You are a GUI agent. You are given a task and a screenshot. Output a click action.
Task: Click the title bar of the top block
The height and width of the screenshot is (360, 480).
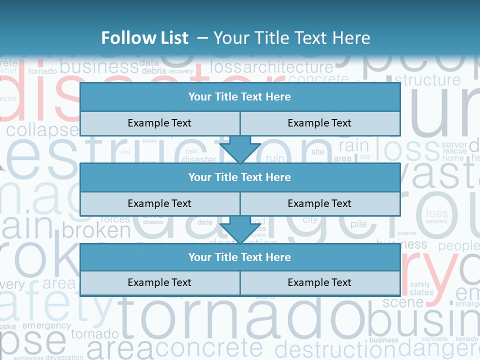click(x=239, y=97)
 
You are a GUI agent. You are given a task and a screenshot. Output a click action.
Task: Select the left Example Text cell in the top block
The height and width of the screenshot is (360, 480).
click(x=159, y=123)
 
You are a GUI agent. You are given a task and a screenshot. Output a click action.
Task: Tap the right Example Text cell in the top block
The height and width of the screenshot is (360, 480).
click(x=319, y=123)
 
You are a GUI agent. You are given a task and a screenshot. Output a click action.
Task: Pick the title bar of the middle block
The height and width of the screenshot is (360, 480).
click(x=239, y=177)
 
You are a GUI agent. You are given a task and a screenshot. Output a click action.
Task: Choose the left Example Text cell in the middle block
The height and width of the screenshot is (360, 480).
click(x=159, y=203)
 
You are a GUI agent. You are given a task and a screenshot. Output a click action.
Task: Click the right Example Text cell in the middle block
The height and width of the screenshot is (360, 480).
click(x=319, y=203)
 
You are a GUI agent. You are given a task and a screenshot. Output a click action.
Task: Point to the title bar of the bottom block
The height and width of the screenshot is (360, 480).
click(x=239, y=257)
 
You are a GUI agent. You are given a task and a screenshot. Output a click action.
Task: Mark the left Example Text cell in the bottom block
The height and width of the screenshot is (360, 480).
click(x=159, y=282)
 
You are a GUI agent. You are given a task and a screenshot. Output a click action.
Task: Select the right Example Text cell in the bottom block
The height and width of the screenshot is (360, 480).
click(x=319, y=282)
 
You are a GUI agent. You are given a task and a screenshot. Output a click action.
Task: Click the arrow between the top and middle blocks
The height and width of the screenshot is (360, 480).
click(x=240, y=149)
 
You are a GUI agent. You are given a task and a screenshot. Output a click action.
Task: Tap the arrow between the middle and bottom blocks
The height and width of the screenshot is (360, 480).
click(x=240, y=229)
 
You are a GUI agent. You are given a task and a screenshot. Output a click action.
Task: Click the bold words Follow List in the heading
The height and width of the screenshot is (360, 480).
click(x=145, y=38)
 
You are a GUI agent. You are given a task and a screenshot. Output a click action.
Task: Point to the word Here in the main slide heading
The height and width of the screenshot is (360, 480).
click(x=352, y=38)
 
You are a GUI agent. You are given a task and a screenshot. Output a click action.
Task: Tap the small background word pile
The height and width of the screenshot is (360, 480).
click(x=358, y=224)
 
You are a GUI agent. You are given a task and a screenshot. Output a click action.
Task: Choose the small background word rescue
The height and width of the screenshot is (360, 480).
click(x=454, y=151)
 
